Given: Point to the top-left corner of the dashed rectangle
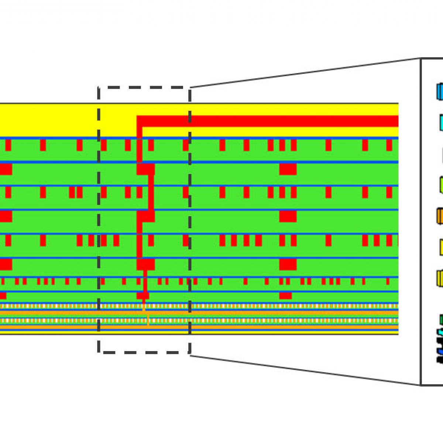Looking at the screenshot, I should tap(99, 87).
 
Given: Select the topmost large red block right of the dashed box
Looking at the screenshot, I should tap(288, 169).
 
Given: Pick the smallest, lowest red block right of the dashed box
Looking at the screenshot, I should tap(285, 296).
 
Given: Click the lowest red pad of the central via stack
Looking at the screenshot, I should tap(143, 296).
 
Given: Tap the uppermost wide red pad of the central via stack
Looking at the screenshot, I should tap(145, 169).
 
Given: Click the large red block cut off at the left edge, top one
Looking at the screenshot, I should tap(6, 169).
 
